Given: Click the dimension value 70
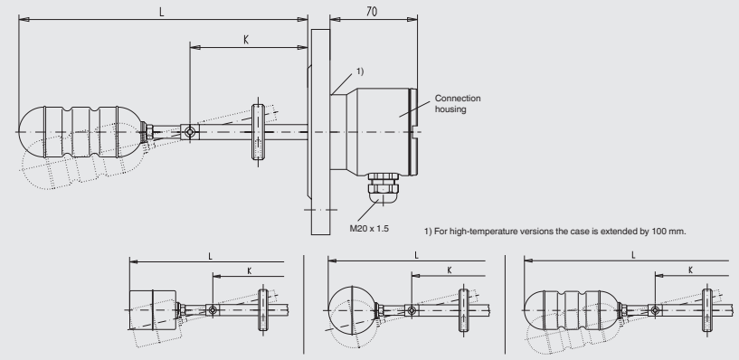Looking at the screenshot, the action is click(372, 12).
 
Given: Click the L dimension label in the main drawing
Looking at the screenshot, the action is click(162, 13).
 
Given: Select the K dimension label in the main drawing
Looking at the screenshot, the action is click(246, 40).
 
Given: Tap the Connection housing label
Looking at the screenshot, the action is click(457, 104).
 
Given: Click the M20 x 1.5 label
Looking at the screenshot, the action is click(369, 229).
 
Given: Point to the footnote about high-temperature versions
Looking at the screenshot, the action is click(555, 232).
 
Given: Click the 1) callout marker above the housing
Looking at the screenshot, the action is click(360, 71).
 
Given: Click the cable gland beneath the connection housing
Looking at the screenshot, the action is click(383, 188).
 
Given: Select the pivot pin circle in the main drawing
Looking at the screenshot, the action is click(189, 132).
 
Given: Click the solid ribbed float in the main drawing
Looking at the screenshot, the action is click(81, 132).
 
